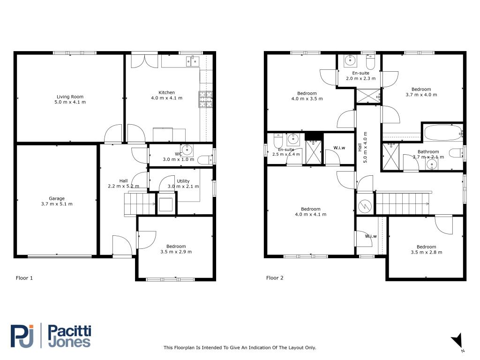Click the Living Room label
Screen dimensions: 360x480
[x=70, y=97]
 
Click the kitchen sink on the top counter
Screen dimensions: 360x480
[x=192, y=60]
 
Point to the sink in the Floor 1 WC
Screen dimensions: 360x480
[x=187, y=150]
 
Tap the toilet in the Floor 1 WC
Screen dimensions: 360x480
[x=204, y=160]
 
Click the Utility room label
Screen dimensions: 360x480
[x=183, y=181]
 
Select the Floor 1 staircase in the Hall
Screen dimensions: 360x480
[x=139, y=204]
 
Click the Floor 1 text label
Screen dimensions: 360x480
[x=24, y=278]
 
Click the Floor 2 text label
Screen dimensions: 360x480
[x=275, y=278]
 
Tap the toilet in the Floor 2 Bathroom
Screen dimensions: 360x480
[x=455, y=153]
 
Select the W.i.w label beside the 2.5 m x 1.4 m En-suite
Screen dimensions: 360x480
[x=339, y=148]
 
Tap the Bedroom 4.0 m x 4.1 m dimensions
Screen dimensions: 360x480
[x=310, y=214]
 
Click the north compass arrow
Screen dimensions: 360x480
[x=457, y=341]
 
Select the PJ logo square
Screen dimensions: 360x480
[x=22, y=336]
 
